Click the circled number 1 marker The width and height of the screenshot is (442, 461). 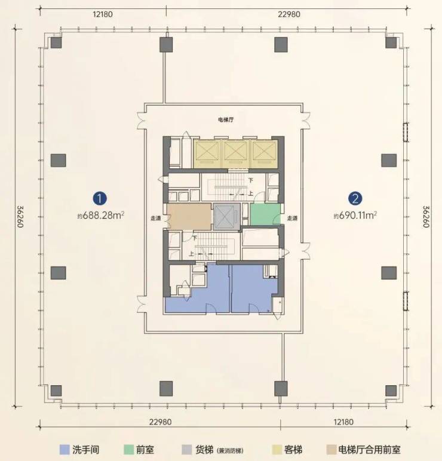pyautogui.click(x=100, y=199)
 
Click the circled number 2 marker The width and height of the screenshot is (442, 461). pyautogui.click(x=355, y=199)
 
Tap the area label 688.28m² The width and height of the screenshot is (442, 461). pyautogui.click(x=101, y=216)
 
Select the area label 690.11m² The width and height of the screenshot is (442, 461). pyautogui.click(x=355, y=216)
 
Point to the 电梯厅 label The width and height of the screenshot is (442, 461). pyautogui.click(x=226, y=120)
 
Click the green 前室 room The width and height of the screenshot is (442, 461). pyautogui.click(x=265, y=214)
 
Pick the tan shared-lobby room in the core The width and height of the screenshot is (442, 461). pyautogui.click(x=189, y=217)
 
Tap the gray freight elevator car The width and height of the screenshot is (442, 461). pyautogui.click(x=226, y=216)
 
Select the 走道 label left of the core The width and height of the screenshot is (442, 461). pyautogui.click(x=156, y=219)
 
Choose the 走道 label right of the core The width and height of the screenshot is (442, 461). pyautogui.click(x=292, y=218)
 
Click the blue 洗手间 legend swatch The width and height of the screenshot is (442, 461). pyautogui.click(x=65, y=450)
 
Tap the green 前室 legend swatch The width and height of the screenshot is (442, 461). pyautogui.click(x=128, y=450)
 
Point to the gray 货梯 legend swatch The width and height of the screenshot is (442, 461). pyautogui.click(x=187, y=450)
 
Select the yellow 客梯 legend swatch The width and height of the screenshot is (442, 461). pyautogui.click(x=277, y=450)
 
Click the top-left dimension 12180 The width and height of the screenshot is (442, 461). pyautogui.click(x=103, y=14)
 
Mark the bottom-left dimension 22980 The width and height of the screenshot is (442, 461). pyautogui.click(x=160, y=422)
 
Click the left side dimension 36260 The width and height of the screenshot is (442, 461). pyautogui.click(x=20, y=217)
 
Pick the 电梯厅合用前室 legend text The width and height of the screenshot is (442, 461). pyautogui.click(x=369, y=450)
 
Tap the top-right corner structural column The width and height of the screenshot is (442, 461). pyautogui.click(x=391, y=43)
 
